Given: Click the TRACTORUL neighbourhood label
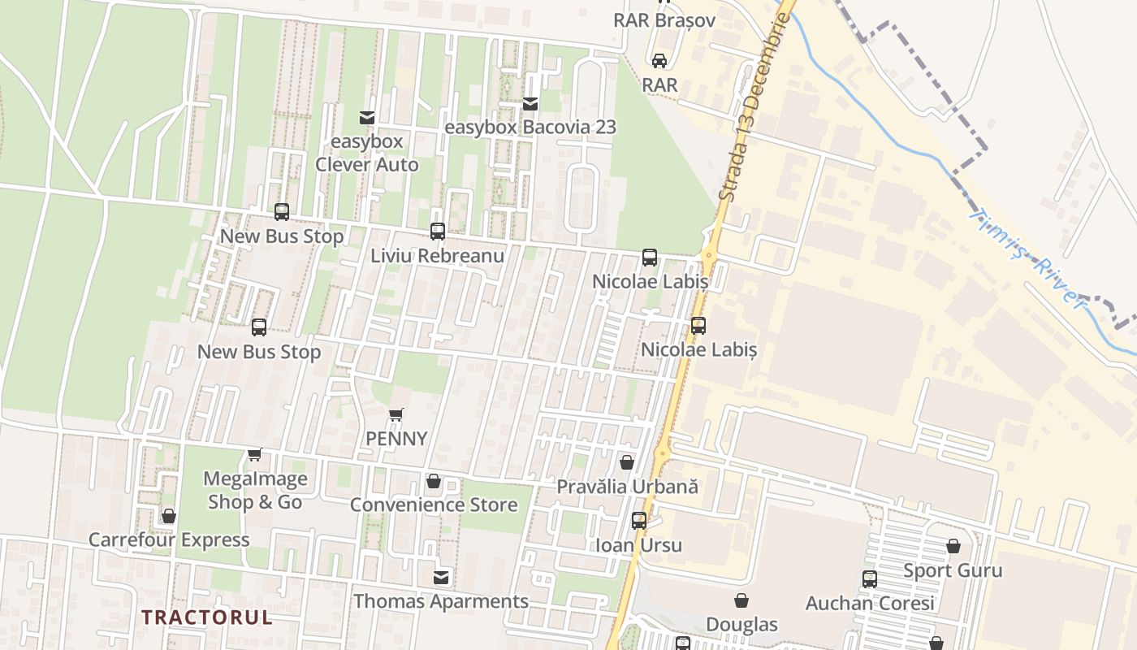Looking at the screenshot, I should click(207, 617).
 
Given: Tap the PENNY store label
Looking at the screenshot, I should click(396, 439).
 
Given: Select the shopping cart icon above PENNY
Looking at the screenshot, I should click(396, 416).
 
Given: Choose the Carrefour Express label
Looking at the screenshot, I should click(169, 539).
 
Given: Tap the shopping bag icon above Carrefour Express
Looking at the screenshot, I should click(169, 516).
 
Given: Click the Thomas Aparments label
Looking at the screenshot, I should click(441, 601).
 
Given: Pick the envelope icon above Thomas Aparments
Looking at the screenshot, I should click(441, 578).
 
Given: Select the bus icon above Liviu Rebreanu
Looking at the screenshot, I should click(438, 232).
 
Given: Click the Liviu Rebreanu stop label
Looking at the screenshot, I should click(438, 255).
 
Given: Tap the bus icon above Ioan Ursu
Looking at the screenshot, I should click(639, 521).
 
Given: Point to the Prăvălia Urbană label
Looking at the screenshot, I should click(627, 486).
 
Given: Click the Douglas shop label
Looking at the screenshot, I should click(741, 624).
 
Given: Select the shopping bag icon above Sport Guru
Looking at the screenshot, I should click(953, 547).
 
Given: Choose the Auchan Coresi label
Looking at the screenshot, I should click(870, 603).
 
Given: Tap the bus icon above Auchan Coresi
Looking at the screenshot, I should click(870, 579).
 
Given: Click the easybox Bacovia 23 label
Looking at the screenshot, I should click(530, 128).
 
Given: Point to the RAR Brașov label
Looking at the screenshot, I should click(664, 20).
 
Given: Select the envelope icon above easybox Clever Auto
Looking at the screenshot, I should click(367, 118).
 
